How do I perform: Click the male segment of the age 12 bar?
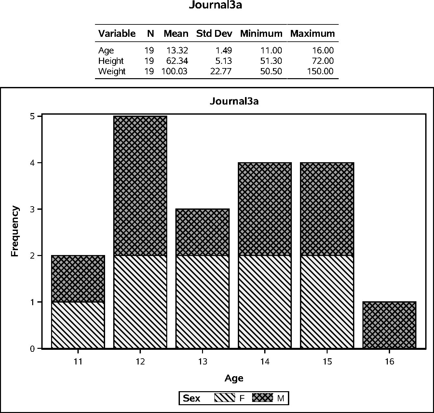(140, 186)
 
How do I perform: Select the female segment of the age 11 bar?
(78, 325)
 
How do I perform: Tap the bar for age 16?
(389, 325)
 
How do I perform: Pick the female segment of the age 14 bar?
(265, 302)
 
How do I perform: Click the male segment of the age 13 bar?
(202, 232)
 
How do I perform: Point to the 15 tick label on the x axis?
(327, 362)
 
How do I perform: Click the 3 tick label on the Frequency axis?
(32, 209)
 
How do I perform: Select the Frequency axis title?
(15, 231)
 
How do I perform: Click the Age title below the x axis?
(234, 378)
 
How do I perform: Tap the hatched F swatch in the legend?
(224, 398)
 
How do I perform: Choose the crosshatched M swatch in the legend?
(262, 398)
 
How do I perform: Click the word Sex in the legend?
(192, 398)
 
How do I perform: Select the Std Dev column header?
(214, 34)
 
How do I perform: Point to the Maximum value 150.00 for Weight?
(320, 71)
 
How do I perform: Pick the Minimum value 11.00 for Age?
(271, 50)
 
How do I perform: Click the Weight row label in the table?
(112, 71)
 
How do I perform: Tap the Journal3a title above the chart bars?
(234, 101)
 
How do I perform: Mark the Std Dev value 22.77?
(221, 71)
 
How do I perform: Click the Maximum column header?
(312, 34)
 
